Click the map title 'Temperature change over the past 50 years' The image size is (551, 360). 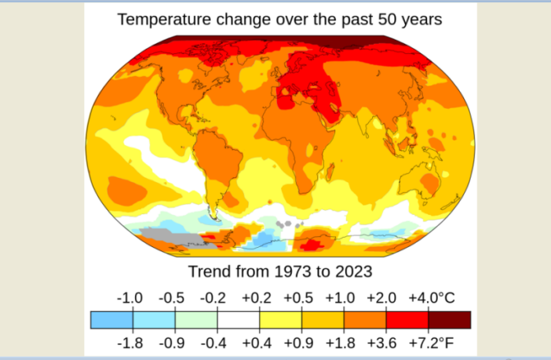pos(279,18)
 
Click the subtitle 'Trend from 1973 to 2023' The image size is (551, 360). pos(279,272)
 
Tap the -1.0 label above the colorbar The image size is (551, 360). pos(130,299)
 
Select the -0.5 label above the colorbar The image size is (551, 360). pos(172,299)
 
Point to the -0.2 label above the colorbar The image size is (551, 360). pos(214,299)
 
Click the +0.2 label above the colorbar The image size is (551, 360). pos(257,299)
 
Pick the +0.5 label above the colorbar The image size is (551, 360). pos(299,299)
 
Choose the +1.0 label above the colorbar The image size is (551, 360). pos(341,299)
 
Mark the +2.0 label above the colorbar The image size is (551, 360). pos(384,299)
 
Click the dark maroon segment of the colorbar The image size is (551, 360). pos(450,320)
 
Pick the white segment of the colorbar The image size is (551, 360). pos(238,320)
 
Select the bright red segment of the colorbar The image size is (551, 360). pos(407,320)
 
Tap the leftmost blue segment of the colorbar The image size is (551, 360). pos(111,320)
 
